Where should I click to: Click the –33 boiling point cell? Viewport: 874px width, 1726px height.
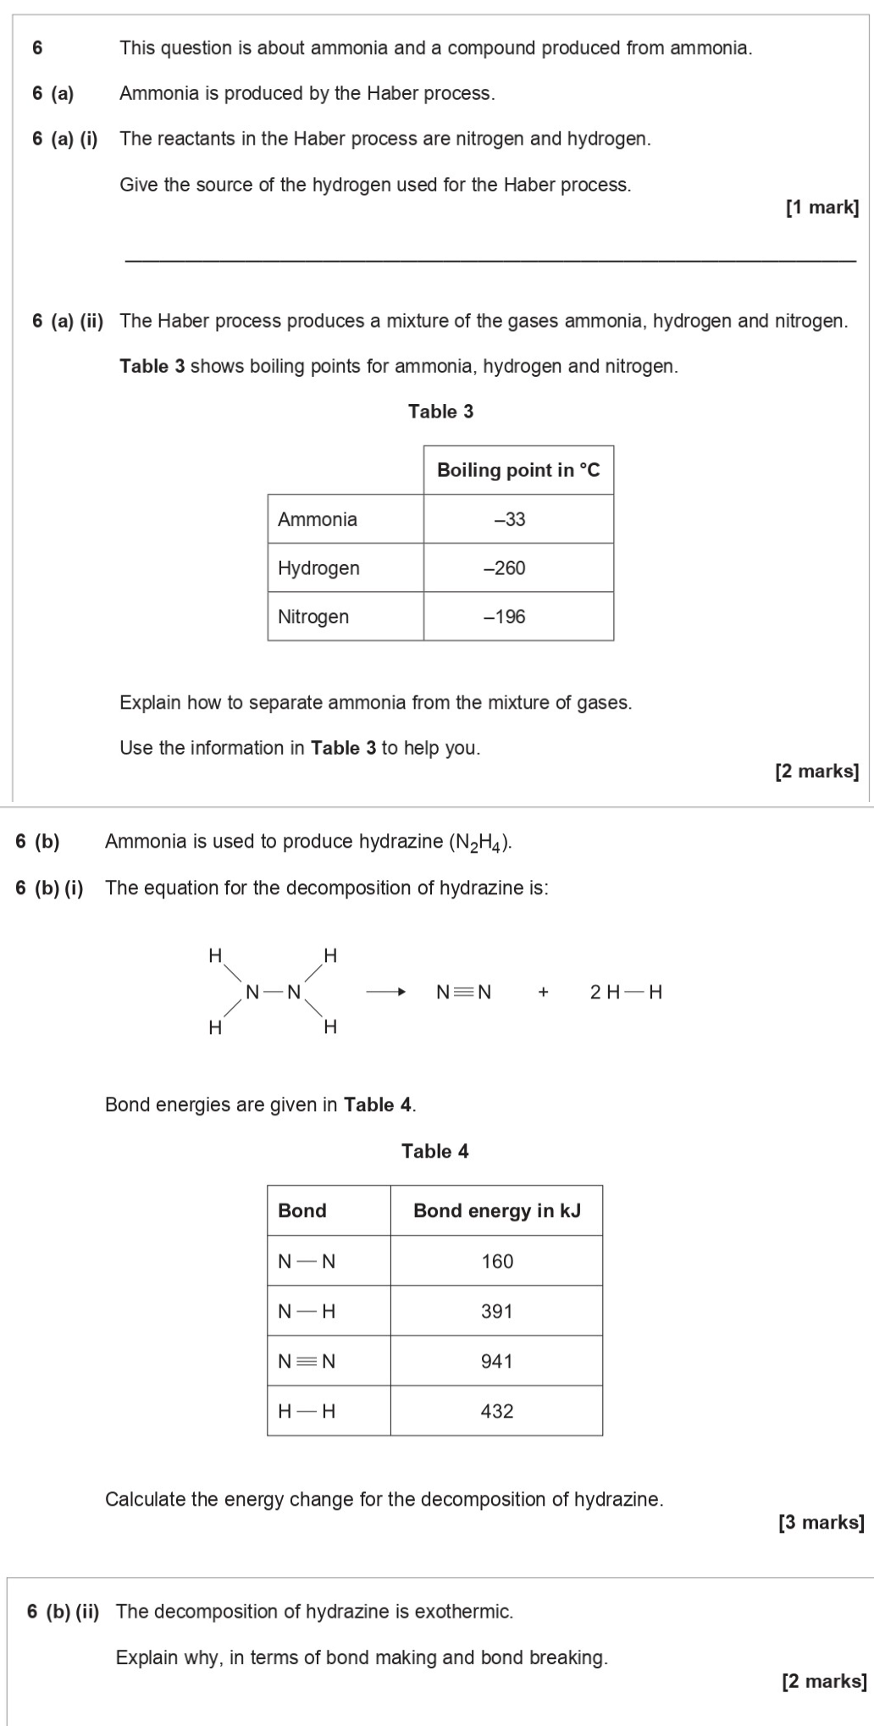tap(510, 519)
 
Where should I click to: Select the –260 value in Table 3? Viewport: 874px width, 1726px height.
tap(505, 568)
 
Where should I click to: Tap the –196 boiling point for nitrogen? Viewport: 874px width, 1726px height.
tap(505, 617)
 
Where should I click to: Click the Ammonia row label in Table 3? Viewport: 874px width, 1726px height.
tap(318, 519)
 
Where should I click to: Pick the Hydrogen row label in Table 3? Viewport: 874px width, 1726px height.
tap(318, 568)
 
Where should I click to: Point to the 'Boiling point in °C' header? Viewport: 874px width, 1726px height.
tap(518, 470)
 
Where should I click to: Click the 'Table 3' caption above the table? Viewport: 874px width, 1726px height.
tap(440, 412)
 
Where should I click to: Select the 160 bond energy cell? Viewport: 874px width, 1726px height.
tap(497, 1261)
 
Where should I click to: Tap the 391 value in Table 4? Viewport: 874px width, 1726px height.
tap(497, 1311)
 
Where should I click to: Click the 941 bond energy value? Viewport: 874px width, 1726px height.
tap(497, 1361)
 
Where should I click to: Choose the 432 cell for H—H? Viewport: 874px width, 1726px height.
tap(497, 1411)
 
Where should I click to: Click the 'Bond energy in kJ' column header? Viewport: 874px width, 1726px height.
tap(497, 1210)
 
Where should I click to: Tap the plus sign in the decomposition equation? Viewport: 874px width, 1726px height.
tap(543, 992)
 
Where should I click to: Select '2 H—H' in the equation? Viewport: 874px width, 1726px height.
tap(626, 992)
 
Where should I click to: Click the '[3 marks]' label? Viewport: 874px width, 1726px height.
tap(821, 1522)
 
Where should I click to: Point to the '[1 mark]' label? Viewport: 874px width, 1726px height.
tap(821, 207)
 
